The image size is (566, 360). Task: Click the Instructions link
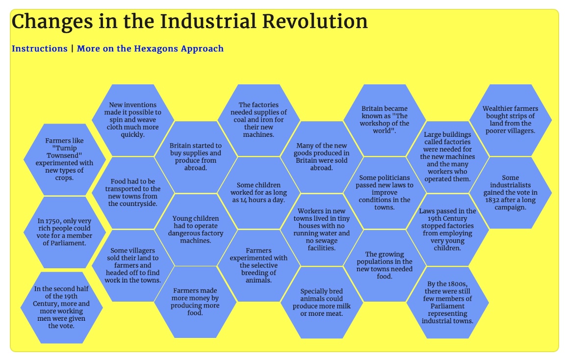click(x=39, y=49)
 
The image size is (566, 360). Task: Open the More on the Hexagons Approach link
click(x=150, y=49)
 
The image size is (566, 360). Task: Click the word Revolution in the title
click(x=315, y=21)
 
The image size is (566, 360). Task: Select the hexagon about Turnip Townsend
click(x=65, y=159)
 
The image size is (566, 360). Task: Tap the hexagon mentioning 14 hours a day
click(x=259, y=192)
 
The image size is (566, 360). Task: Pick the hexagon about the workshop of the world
click(x=385, y=120)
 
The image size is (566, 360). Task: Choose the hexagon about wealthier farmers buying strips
click(x=511, y=120)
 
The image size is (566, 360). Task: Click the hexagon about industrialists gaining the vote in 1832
click(x=511, y=192)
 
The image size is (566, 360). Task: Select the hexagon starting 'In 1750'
click(x=65, y=232)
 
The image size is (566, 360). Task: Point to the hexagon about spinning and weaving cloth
click(x=133, y=120)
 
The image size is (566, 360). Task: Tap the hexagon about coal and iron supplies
click(x=259, y=120)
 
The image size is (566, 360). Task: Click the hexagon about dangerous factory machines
click(x=196, y=230)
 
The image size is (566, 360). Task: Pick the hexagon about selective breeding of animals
click(x=259, y=265)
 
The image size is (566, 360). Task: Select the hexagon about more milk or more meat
click(x=322, y=303)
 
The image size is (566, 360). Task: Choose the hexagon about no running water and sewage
click(x=322, y=230)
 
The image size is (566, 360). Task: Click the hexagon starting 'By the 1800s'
click(x=448, y=303)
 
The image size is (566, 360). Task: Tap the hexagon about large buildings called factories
click(x=448, y=157)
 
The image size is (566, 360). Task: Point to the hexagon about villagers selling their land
click(x=133, y=265)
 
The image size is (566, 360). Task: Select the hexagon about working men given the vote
click(x=61, y=308)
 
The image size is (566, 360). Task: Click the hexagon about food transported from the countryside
click(x=133, y=192)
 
